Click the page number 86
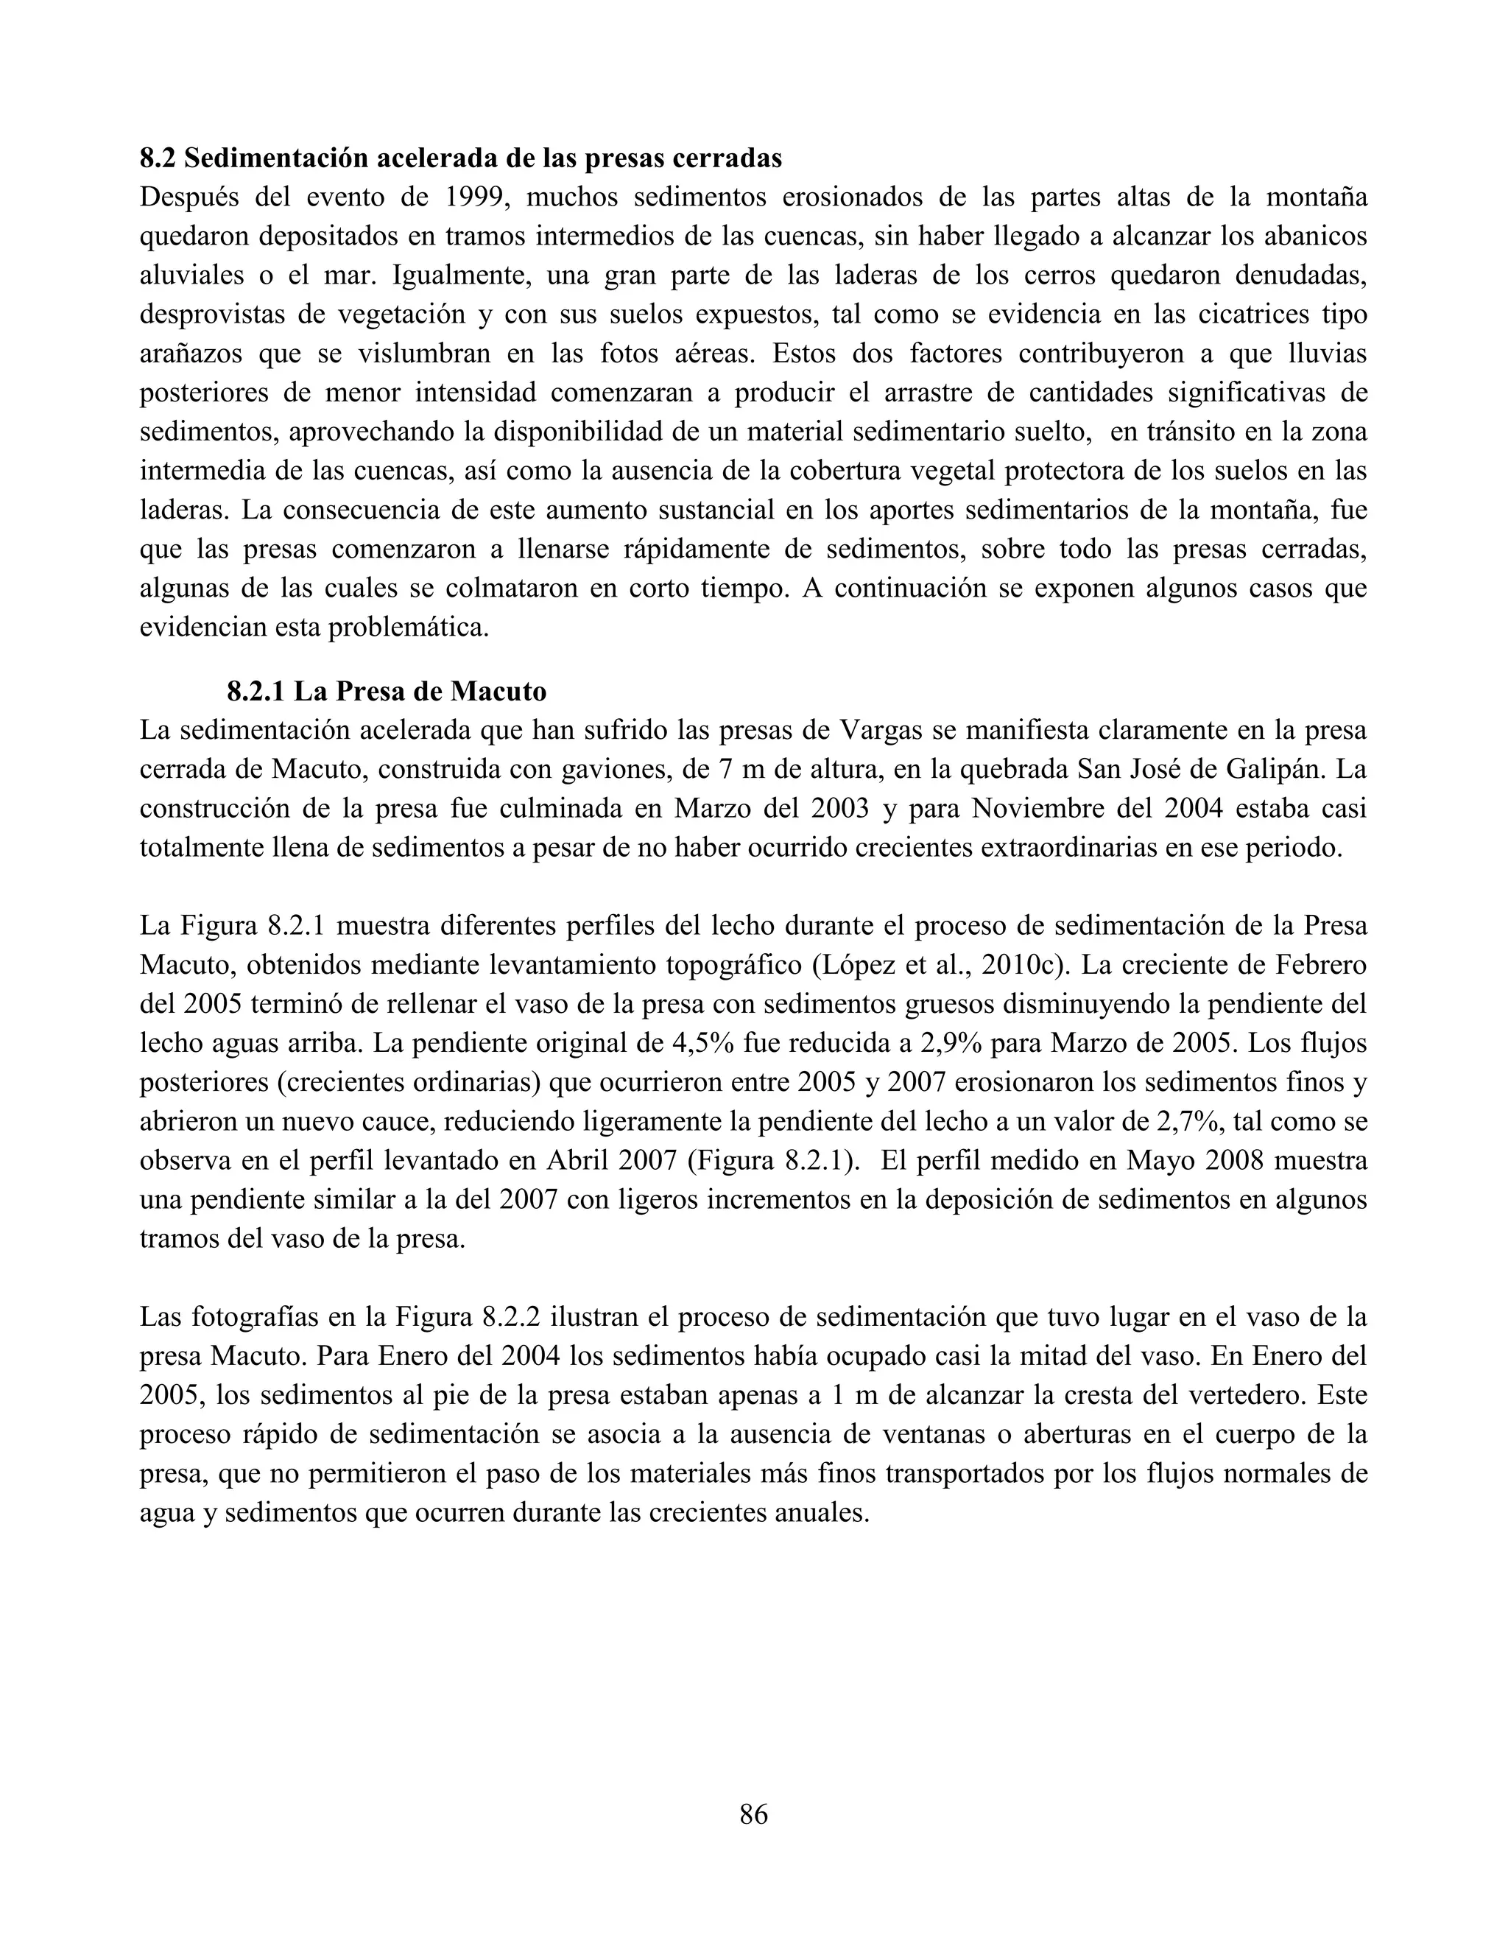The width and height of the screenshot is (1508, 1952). pyautogui.click(x=753, y=1814)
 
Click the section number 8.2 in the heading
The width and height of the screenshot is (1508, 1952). pyautogui.click(x=159, y=159)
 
